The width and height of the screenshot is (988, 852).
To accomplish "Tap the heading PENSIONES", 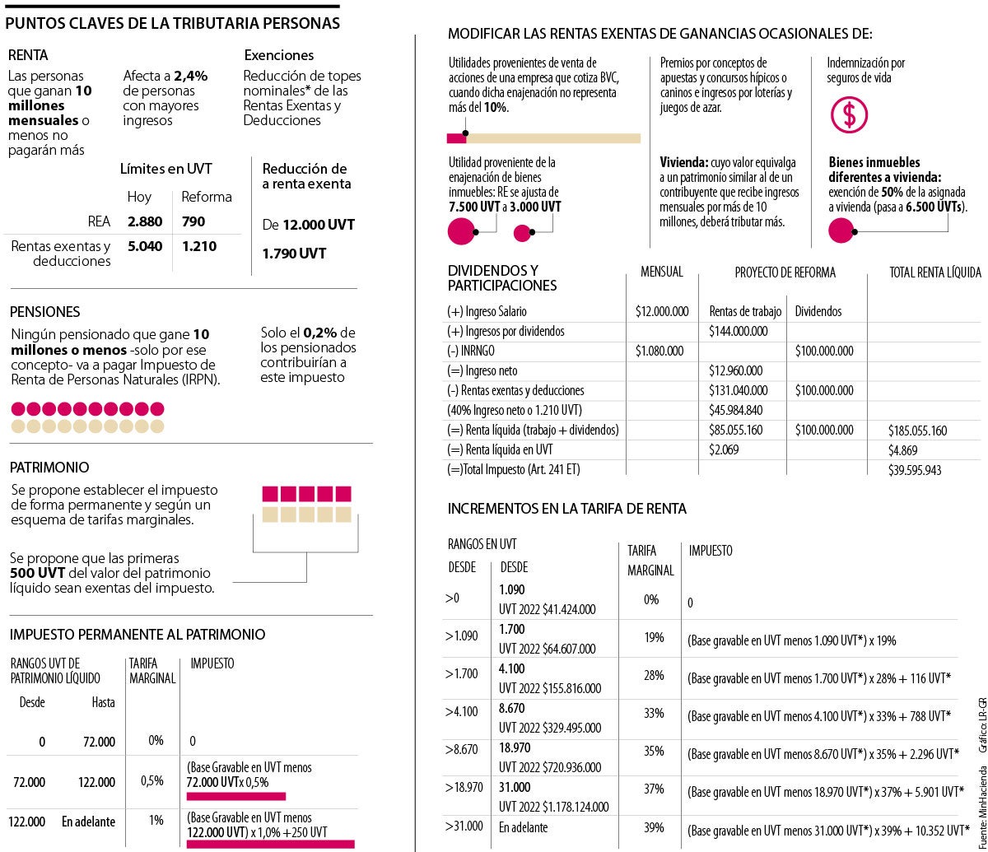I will (x=45, y=312).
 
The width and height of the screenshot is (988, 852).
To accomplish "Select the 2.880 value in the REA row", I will (x=145, y=221).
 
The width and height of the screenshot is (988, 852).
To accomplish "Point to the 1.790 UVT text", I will (x=294, y=254).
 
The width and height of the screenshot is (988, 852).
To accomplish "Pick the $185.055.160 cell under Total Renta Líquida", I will (x=917, y=431).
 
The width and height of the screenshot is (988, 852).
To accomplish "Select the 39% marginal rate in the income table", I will (x=653, y=827).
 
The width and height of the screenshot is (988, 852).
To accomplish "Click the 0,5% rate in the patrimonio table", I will (x=151, y=780).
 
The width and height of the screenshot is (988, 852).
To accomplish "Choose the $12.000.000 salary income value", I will (x=662, y=311).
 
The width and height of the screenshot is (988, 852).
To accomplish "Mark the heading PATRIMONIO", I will (x=49, y=467).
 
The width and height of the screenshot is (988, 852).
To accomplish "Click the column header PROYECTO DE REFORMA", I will (x=785, y=272).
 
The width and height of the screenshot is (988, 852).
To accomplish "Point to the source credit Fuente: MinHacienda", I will (x=981, y=803).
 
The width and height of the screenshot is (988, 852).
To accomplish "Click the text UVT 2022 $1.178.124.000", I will (x=553, y=806).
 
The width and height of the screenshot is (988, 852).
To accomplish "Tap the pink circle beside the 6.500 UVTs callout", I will (x=841, y=233).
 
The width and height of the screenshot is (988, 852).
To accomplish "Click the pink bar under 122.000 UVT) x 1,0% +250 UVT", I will (x=270, y=844).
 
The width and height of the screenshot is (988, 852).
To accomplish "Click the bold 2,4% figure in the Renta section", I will (x=191, y=76).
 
